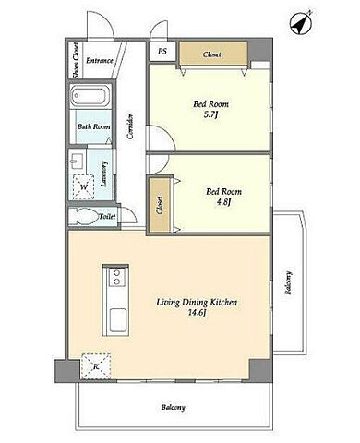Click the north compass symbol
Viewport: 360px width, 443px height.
pyautogui.click(x=301, y=22)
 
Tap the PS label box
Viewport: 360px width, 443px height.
pyautogui.click(x=162, y=51)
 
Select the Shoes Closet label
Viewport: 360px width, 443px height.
pyautogui.click(x=76, y=60)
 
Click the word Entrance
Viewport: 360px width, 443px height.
pyautogui.click(x=100, y=61)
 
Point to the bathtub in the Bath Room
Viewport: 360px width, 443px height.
pyautogui.click(x=90, y=96)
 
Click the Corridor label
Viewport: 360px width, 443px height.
pyautogui.click(x=130, y=126)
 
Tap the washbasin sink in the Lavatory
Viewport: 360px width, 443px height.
pyautogui.click(x=77, y=162)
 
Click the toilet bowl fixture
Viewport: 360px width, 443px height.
pyautogui.click(x=85, y=216)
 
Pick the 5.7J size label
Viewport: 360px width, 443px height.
pyautogui.click(x=211, y=115)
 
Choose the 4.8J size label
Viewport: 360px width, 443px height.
pyautogui.click(x=223, y=202)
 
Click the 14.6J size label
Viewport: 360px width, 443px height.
pyautogui.click(x=197, y=313)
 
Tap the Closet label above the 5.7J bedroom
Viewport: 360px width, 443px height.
pyautogui.click(x=211, y=54)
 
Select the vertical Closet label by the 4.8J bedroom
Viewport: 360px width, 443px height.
pyautogui.click(x=160, y=205)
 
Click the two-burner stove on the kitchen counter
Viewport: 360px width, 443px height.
pyautogui.click(x=117, y=277)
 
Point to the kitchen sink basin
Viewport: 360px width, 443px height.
pyautogui.click(x=118, y=320)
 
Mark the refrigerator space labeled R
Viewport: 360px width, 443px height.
pyautogui.click(x=96, y=366)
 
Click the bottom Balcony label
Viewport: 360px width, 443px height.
pyautogui.click(x=174, y=408)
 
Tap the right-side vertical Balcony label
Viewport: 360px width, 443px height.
pyautogui.click(x=288, y=282)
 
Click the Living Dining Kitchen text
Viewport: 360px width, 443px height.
pyautogui.click(x=197, y=303)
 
